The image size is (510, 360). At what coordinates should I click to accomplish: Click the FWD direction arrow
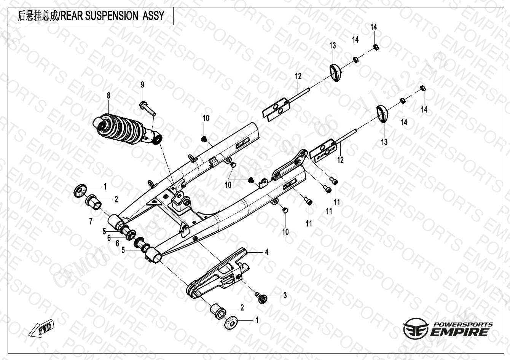(42, 329)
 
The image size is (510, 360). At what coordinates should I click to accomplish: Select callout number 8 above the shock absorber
(108, 96)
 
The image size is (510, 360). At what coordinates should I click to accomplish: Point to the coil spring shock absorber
(126, 130)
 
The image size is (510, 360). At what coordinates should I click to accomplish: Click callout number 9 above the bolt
(143, 85)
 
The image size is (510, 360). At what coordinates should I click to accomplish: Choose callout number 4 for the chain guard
(267, 252)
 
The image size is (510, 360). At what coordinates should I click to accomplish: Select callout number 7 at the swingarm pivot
(91, 221)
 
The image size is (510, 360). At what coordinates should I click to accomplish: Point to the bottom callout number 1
(257, 320)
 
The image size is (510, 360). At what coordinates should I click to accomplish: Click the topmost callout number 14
(374, 27)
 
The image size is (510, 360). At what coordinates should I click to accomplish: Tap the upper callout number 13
(333, 46)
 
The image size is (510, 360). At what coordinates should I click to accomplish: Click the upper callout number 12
(298, 76)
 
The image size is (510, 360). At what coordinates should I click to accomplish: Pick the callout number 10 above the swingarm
(206, 118)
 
